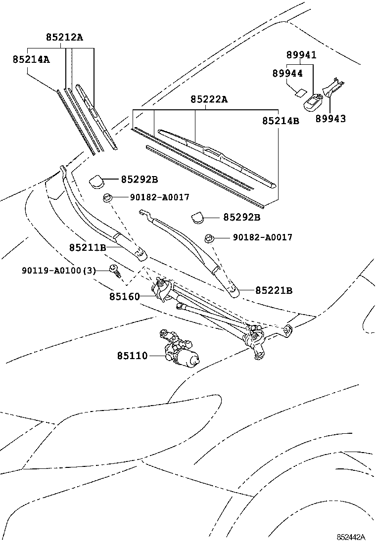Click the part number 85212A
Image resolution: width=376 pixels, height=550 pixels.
tap(64, 37)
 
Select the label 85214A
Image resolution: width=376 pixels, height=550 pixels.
tap(31, 59)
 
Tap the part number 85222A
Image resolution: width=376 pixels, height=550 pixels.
tap(209, 99)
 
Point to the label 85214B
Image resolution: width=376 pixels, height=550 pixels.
tap(281, 120)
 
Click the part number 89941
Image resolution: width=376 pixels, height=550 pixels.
tap(301, 55)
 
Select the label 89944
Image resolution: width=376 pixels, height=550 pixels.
tap(287, 73)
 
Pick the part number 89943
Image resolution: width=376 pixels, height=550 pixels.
tap(330, 119)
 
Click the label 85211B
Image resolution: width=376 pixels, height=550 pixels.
tap(88, 247)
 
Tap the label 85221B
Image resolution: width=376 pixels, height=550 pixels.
tap(274, 290)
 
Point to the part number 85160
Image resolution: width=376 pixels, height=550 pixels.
tap(124, 297)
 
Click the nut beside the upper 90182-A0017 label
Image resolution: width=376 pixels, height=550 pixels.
tap(107, 199)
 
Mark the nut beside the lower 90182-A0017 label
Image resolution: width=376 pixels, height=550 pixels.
tap(210, 239)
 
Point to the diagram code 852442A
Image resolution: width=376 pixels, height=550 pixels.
tap(351, 537)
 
